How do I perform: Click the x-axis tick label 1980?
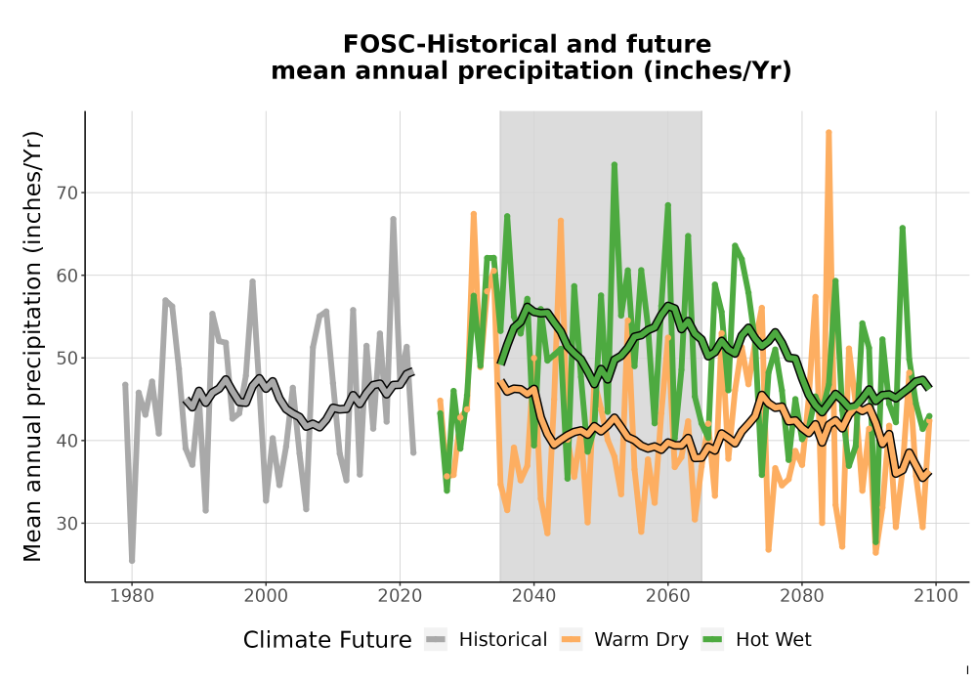coord(132,596)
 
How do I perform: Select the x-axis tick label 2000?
coord(266,596)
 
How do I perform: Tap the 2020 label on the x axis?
coord(400,596)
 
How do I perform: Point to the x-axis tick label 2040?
coord(533,596)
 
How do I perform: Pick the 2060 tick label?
coord(667,596)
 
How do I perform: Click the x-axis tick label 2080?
coord(801,596)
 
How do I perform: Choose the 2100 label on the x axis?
coord(935,596)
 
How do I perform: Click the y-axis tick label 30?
coord(67,524)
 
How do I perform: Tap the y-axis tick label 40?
coord(67,441)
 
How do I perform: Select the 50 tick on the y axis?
coord(67,359)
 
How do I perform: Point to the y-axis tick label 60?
coord(67,276)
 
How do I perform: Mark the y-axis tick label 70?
coord(67,193)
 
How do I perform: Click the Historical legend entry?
coord(486,640)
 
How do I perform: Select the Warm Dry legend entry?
coord(623,640)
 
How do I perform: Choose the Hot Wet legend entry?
coord(756,640)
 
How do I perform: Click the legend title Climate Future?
coord(327,640)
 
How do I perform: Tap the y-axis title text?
coord(32,346)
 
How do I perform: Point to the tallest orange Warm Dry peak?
coord(828,132)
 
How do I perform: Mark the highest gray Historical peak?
coord(393,219)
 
